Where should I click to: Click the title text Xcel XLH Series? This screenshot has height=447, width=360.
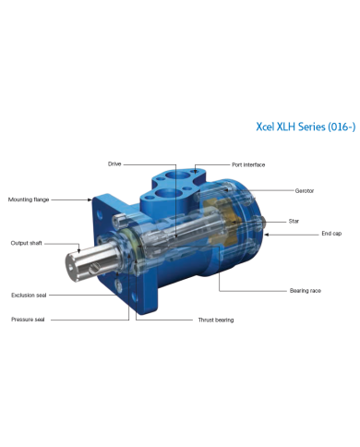click(x=291, y=127)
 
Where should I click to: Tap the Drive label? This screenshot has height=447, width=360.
click(x=114, y=164)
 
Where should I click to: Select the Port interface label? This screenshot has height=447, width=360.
click(x=248, y=165)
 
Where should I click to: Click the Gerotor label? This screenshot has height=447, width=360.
click(x=305, y=191)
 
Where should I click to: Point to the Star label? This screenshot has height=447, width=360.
click(x=294, y=221)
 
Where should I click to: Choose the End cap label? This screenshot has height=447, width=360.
click(x=331, y=234)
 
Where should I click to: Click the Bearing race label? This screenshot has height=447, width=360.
click(x=306, y=291)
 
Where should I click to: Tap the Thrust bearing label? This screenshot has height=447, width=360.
click(x=216, y=320)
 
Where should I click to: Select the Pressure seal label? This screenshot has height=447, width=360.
click(x=28, y=320)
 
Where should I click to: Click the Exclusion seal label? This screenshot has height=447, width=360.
click(x=29, y=296)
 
